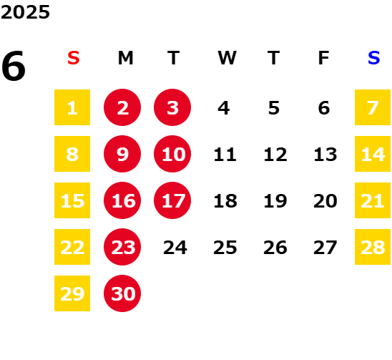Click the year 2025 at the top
(x=25, y=12)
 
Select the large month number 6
(x=14, y=66)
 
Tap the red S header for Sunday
(x=74, y=58)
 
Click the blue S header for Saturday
(x=373, y=58)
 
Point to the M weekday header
(x=125, y=58)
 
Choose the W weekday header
(x=227, y=58)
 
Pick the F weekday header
(x=324, y=58)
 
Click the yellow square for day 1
(x=72, y=107)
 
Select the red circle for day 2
(x=122, y=107)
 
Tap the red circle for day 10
(x=172, y=154)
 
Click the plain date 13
(x=325, y=155)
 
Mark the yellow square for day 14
(x=373, y=154)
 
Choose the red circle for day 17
(x=172, y=200)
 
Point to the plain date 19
(x=275, y=201)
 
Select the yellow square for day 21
(x=373, y=200)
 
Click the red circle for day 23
(x=122, y=247)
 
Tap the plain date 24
(x=175, y=248)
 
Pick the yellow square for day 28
(x=373, y=247)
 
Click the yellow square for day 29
(x=72, y=293)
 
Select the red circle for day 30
(x=122, y=293)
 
